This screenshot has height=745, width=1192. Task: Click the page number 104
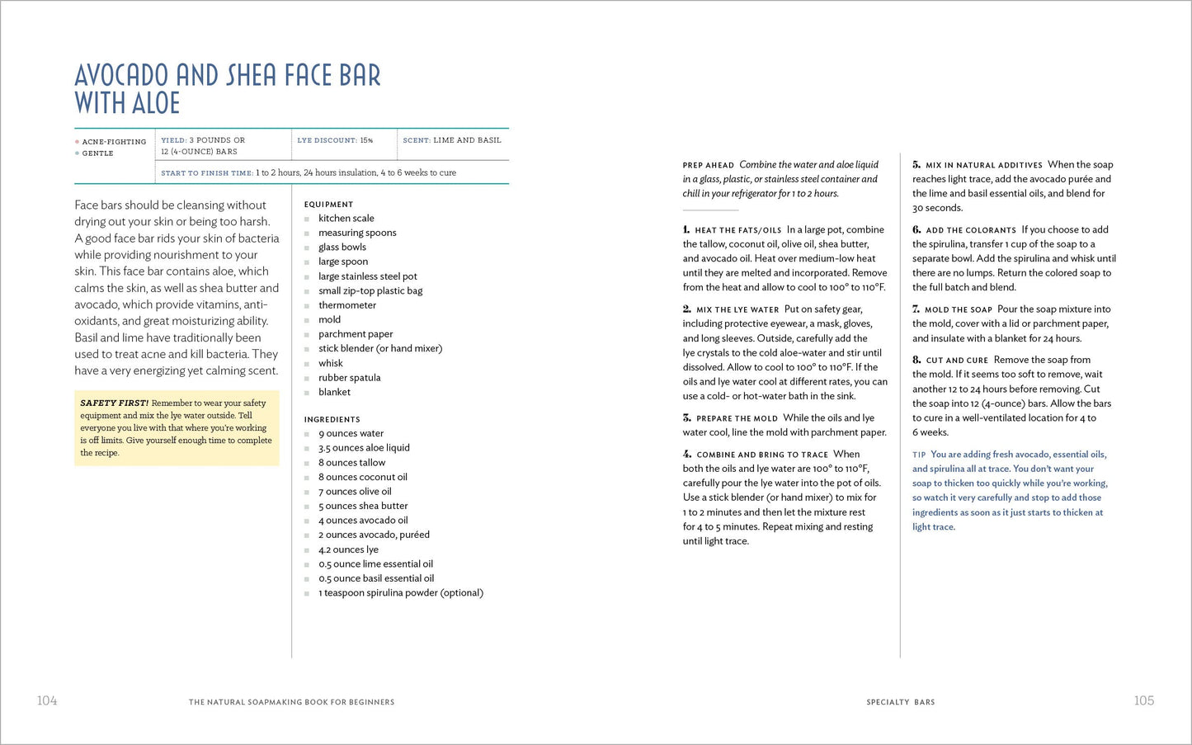click(47, 700)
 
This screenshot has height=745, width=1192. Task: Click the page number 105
click(1143, 700)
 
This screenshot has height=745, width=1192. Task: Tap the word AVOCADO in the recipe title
click(121, 76)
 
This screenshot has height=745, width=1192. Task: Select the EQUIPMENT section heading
click(328, 205)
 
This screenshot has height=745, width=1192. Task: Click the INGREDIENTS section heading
click(332, 419)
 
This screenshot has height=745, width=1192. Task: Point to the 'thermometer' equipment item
click(347, 305)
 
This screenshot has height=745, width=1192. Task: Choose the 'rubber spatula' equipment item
click(350, 378)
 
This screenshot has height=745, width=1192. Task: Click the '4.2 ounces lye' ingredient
click(348, 549)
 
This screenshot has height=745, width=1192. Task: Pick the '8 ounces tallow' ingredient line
click(351, 463)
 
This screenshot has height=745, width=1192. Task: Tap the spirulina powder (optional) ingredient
click(401, 593)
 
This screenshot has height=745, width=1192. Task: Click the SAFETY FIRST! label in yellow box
click(114, 403)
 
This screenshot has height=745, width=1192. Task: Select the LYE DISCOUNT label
click(327, 140)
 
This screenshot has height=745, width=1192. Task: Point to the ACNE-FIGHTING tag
click(114, 142)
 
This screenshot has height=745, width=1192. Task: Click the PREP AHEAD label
click(708, 165)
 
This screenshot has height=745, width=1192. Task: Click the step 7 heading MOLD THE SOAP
click(958, 310)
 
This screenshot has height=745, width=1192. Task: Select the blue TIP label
click(919, 455)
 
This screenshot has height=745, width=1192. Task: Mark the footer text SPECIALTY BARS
click(900, 702)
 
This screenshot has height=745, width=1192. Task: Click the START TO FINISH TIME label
click(207, 173)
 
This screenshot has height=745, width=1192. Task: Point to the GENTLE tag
click(97, 153)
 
